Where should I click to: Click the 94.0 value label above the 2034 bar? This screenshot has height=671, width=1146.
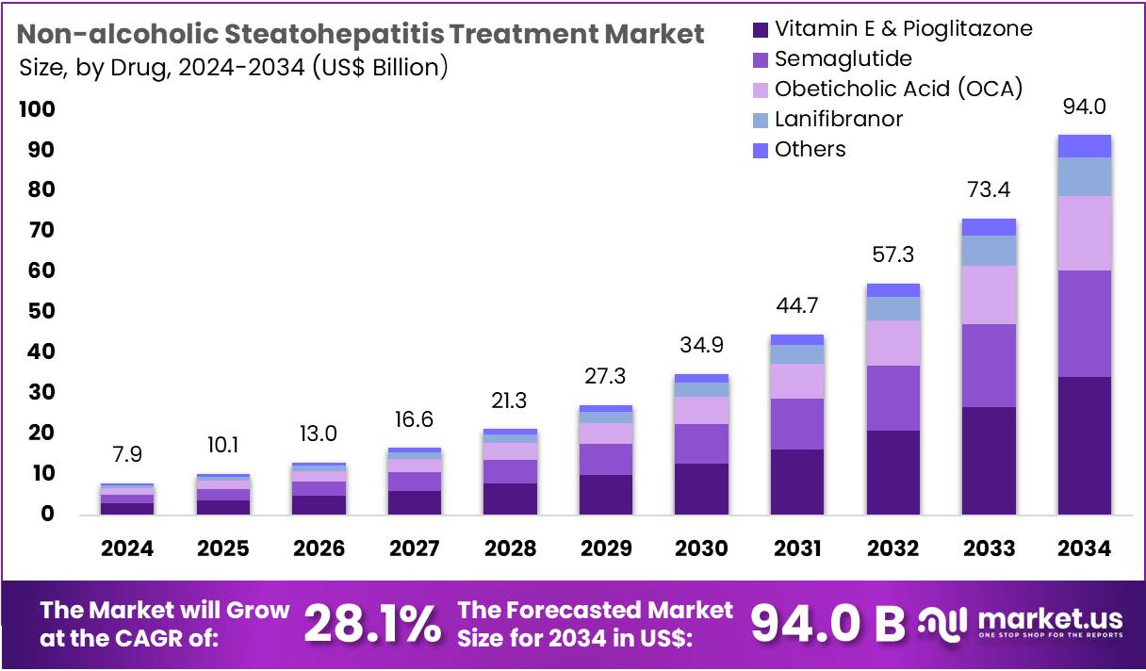click(x=1084, y=106)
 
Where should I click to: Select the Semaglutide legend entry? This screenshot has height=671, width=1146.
click(x=843, y=58)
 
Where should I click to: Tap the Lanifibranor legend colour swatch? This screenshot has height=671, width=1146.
click(x=761, y=120)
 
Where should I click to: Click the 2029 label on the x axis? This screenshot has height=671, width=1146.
click(x=606, y=548)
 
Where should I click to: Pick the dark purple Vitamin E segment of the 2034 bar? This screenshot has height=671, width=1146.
click(x=1084, y=445)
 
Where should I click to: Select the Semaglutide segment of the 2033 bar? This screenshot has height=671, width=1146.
click(x=988, y=366)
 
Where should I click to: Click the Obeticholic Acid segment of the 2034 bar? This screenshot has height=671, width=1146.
click(x=1084, y=233)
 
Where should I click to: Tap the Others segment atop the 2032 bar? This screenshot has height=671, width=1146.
click(x=892, y=290)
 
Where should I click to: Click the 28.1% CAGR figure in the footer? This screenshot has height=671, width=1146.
click(x=372, y=622)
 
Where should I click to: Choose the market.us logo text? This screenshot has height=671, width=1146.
click(x=1051, y=618)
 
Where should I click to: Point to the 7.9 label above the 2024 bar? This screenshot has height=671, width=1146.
click(x=126, y=455)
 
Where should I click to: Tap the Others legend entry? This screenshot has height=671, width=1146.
click(x=810, y=149)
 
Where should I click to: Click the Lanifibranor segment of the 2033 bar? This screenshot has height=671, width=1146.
click(x=988, y=250)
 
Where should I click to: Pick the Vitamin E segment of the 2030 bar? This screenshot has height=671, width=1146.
click(x=701, y=488)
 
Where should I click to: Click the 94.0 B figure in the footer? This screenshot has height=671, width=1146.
click(x=827, y=622)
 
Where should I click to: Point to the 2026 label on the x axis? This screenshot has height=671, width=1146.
click(x=318, y=548)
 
